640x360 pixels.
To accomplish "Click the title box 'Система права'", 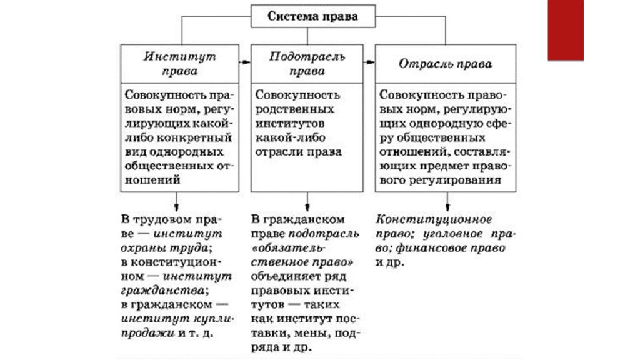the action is [x=313, y=16].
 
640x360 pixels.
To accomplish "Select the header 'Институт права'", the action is [x=179, y=64].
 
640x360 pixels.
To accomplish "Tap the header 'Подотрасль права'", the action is [x=307, y=64].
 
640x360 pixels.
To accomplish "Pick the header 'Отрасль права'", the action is [x=445, y=64].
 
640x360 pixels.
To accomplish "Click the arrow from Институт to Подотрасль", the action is [x=245, y=62].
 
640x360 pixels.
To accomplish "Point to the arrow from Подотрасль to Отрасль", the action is [x=369, y=62].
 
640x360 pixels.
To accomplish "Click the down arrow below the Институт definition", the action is [x=176, y=202].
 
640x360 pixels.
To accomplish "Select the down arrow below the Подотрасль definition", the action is [x=307, y=202].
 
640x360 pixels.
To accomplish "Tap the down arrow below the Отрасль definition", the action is [x=447, y=202].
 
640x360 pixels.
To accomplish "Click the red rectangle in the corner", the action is [x=566, y=30].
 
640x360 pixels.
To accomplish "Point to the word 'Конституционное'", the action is [x=434, y=219].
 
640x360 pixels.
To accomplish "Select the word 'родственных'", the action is [x=295, y=109].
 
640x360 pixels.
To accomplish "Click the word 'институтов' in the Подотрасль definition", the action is [x=290, y=123].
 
